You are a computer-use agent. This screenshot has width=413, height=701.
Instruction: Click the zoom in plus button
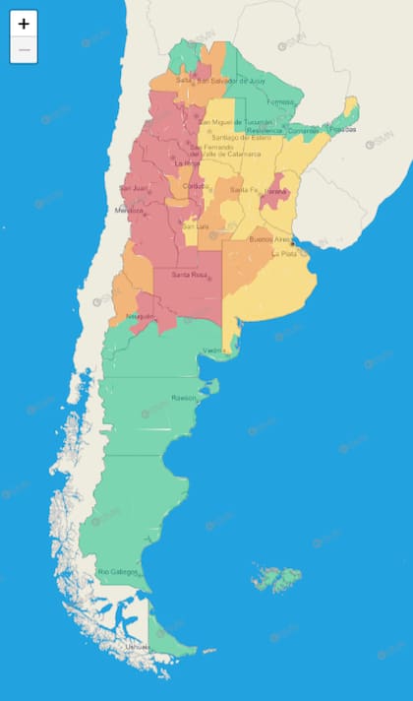click(24, 24)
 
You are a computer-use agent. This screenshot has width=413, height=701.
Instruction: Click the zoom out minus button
click(24, 49)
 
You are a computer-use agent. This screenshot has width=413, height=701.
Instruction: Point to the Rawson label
click(184, 398)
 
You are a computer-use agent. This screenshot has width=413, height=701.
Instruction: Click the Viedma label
click(214, 350)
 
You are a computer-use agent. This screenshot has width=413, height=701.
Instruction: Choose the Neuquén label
click(141, 316)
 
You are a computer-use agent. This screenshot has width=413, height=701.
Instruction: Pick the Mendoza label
click(130, 210)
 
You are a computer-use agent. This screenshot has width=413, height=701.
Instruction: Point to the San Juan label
click(134, 188)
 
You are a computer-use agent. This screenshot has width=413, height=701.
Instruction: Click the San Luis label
click(196, 226)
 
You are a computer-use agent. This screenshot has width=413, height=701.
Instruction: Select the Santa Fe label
click(243, 189)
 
